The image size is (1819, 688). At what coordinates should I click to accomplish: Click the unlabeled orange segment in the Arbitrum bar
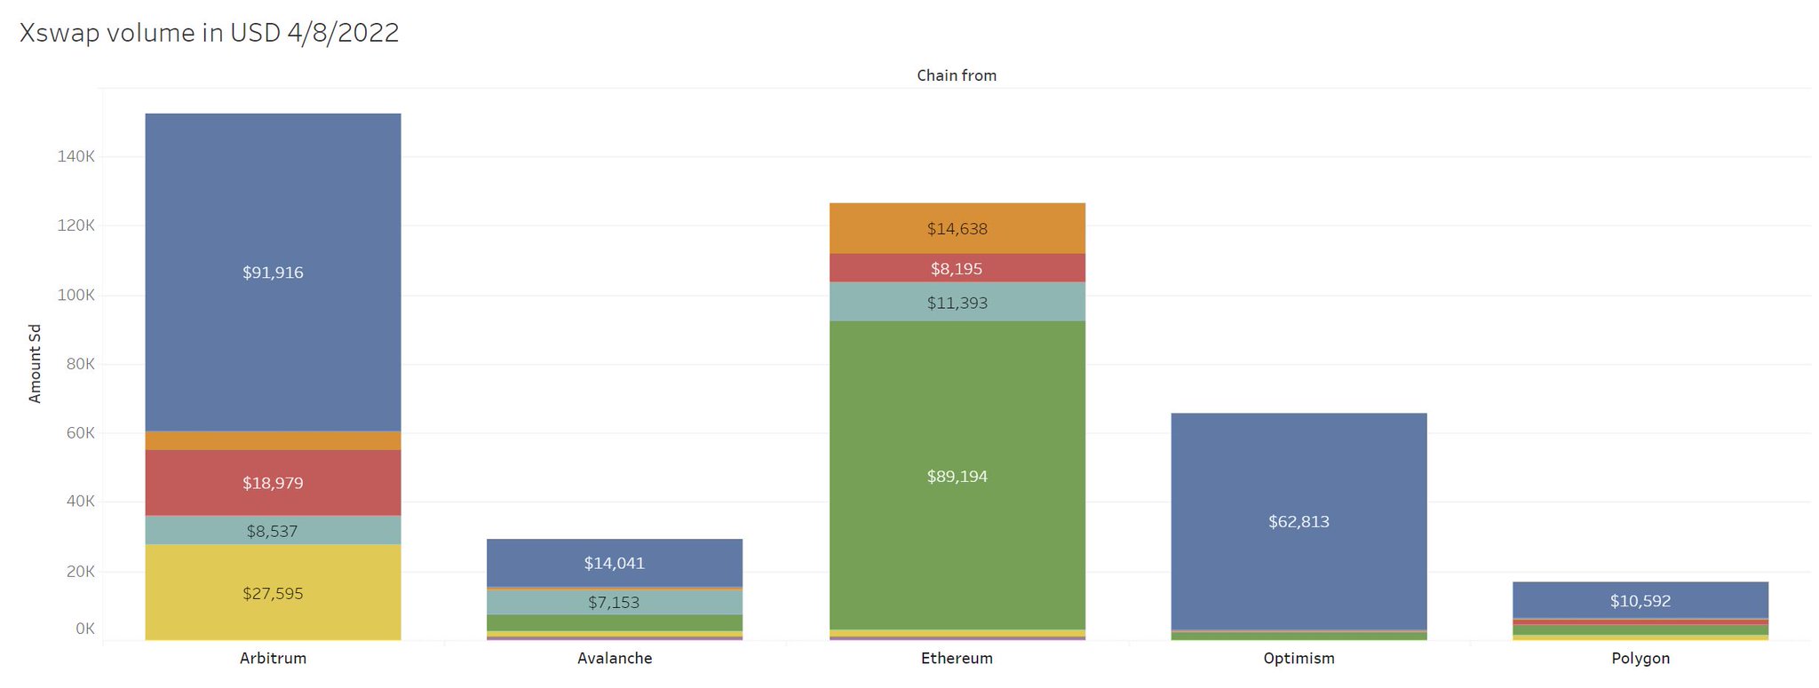(273, 440)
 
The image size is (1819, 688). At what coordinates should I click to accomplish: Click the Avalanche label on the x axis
(615, 659)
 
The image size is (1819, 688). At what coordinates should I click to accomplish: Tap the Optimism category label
(1299, 659)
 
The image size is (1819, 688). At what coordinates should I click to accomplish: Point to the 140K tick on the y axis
(75, 156)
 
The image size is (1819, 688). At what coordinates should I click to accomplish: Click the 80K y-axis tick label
(78, 364)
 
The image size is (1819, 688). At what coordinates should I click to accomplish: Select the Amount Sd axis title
(36, 364)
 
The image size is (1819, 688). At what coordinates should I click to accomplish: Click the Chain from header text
(957, 75)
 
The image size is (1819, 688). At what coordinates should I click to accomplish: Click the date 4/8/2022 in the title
(343, 33)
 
